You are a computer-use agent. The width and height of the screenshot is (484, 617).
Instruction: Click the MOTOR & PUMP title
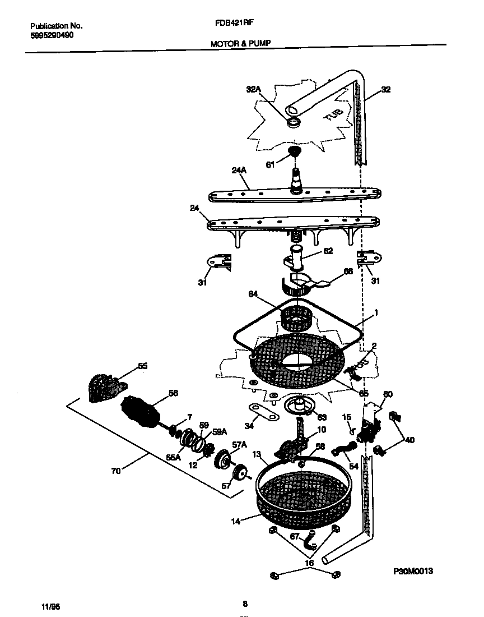pos(241,43)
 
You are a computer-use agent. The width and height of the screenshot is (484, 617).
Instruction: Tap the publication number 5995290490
pos(52,35)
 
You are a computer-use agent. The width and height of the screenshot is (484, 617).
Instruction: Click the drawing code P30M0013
pos(413,570)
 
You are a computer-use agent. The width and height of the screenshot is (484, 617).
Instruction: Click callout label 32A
pos(254,89)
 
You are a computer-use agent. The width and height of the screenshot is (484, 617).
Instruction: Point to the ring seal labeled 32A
pos(292,122)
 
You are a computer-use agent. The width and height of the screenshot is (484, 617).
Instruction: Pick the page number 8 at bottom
pos(245,604)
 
